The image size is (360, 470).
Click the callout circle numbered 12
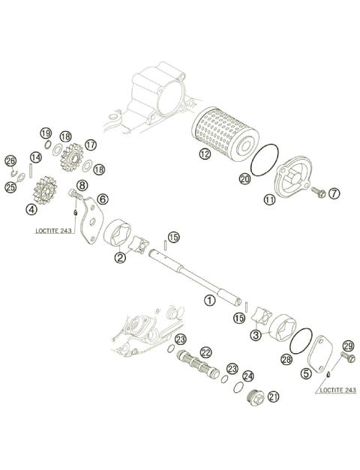coord(205,154)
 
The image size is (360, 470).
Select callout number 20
coord(244,178)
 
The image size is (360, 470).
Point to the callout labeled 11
coord(269,200)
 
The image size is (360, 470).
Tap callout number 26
coord(10,160)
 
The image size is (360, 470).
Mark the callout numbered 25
coord(10,187)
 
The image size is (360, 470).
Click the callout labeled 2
coord(120,257)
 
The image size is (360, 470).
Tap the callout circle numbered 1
coord(210,299)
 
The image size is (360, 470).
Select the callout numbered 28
coord(286,360)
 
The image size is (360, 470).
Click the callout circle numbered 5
coord(306,372)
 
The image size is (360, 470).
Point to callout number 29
coord(347,346)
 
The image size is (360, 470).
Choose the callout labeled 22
coord(205,352)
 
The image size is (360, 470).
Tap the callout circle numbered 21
coord(273,397)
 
